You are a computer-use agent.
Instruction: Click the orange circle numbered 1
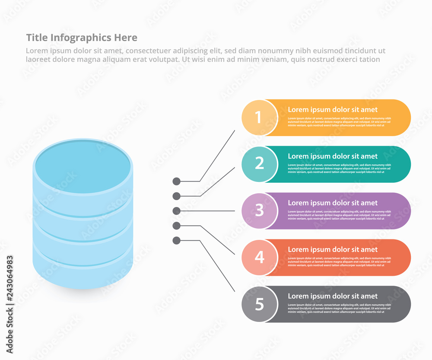coord(259,118)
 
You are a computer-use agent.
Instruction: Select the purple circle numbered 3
coord(259,211)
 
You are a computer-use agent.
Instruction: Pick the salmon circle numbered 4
coord(259,258)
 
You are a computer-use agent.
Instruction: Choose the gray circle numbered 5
coord(259,304)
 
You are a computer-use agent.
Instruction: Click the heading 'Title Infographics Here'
coord(82,38)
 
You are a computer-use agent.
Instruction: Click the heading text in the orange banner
coord(333,110)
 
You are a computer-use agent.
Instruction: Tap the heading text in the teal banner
coord(333,156)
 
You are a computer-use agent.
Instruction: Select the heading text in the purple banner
coord(333,203)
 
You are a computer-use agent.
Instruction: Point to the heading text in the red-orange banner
coord(333,250)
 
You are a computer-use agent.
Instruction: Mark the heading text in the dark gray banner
coord(333,296)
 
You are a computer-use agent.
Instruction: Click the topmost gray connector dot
coord(176,181)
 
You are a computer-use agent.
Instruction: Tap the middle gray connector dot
coord(176,211)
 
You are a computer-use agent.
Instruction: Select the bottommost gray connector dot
coord(176,240)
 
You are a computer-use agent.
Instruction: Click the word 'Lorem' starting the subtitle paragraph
coord(36,51)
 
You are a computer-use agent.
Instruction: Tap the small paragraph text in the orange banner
coord(339,122)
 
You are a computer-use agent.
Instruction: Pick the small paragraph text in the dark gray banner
coord(339,309)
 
